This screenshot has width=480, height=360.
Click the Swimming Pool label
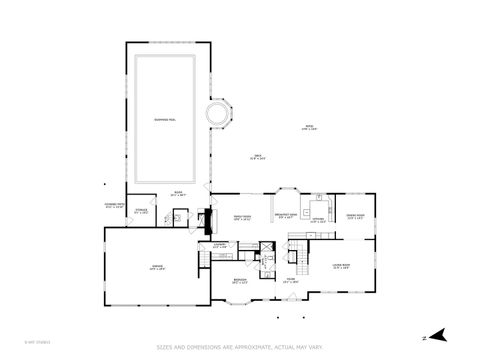167,119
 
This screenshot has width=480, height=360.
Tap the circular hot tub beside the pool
217,114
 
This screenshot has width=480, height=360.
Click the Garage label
156,267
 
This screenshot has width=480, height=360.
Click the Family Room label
241,217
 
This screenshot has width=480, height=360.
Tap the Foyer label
290,281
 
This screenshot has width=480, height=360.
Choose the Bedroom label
240,281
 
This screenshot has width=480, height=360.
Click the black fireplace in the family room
208,217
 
